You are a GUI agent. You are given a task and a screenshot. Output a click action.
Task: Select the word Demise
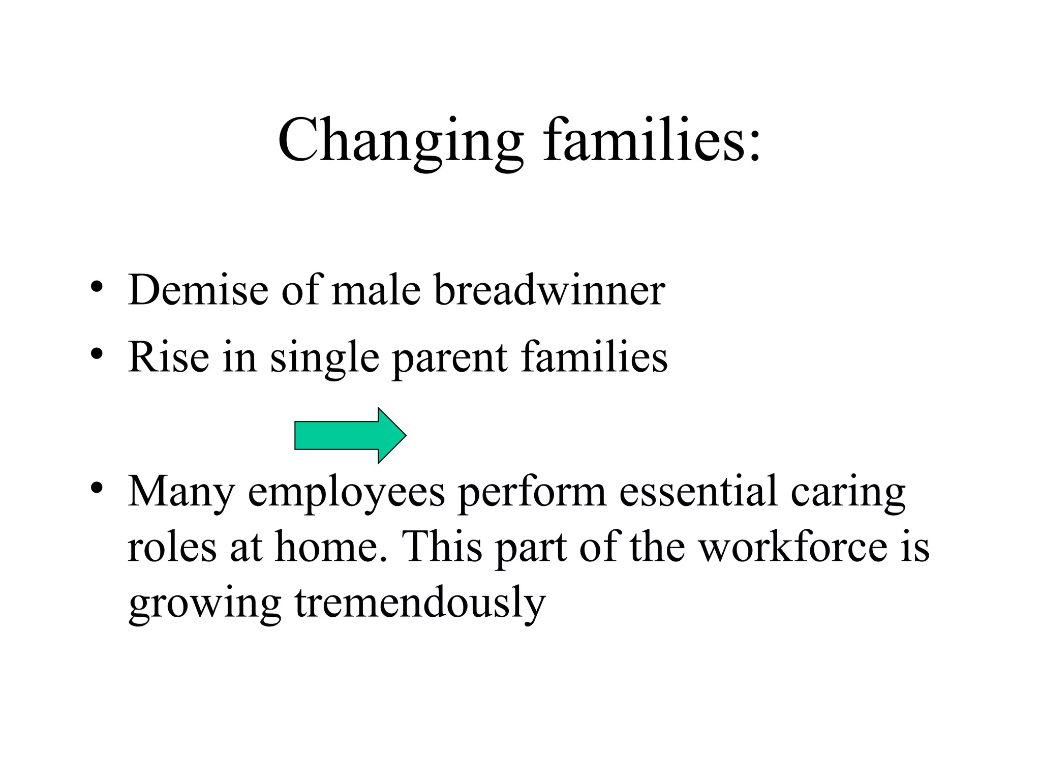(198, 290)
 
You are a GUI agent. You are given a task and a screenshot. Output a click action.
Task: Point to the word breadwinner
(550, 290)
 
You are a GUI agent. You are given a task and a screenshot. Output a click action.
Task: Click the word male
(376, 290)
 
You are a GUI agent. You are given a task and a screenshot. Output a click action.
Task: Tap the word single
(324, 358)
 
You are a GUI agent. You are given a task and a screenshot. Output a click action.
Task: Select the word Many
(181, 492)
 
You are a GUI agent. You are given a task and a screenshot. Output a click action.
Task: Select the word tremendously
(420, 602)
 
